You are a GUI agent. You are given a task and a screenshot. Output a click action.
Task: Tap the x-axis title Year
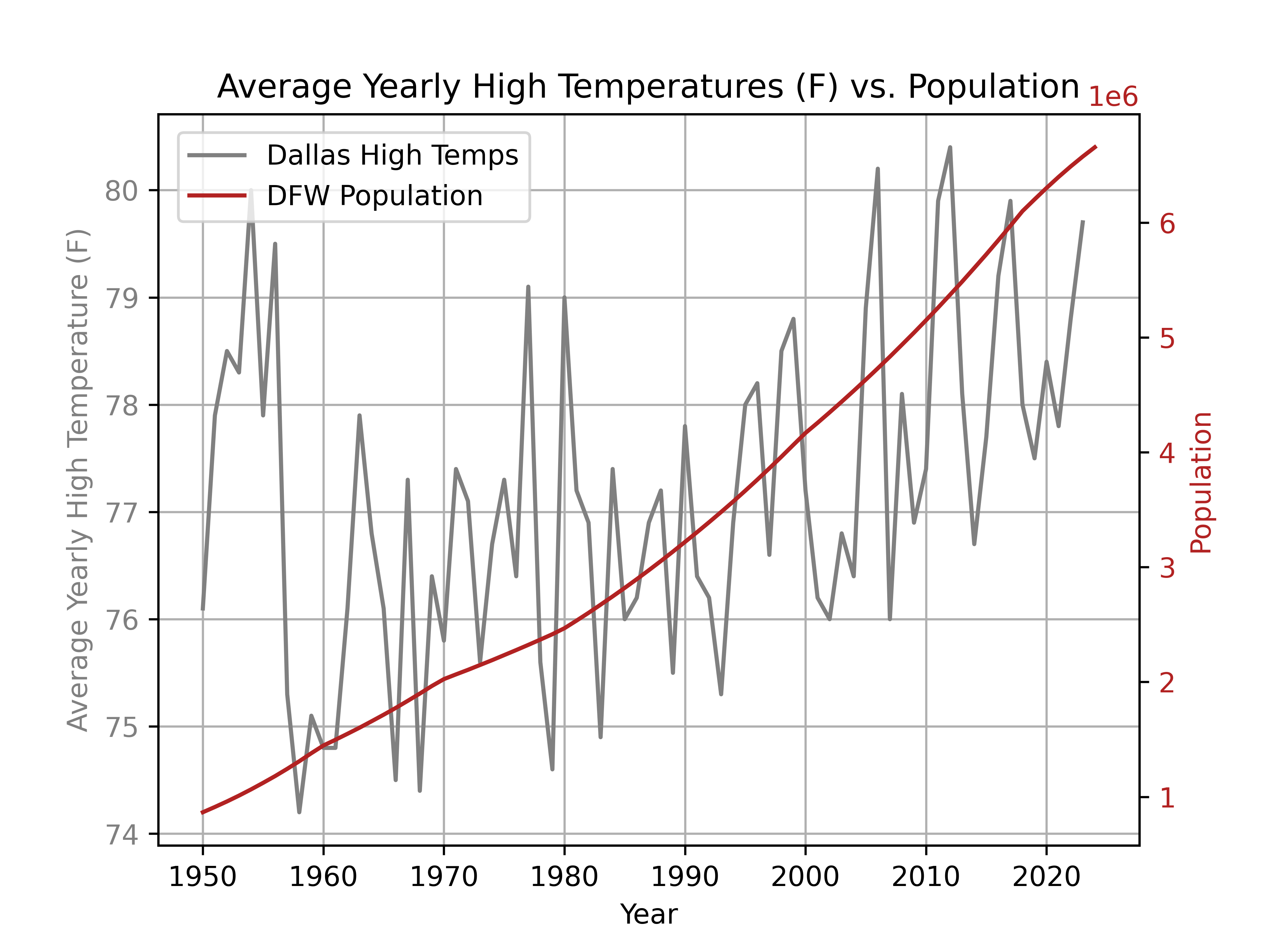pos(648,914)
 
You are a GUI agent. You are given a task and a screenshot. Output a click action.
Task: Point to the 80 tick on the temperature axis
pos(121,191)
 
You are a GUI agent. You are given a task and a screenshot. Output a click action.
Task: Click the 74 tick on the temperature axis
pos(121,835)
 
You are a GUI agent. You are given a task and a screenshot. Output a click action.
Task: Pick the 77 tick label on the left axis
pos(121,513)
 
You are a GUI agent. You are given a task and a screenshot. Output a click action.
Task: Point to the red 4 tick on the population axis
pos(1167,453)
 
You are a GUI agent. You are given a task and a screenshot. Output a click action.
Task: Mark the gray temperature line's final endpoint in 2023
pos(1083,221)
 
